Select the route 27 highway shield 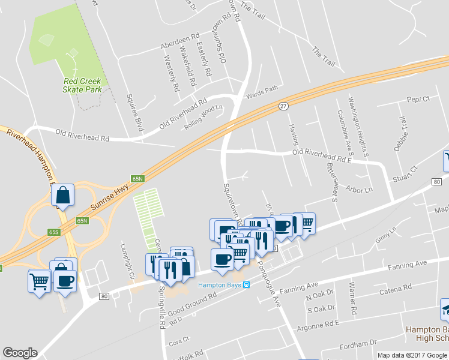[283, 106]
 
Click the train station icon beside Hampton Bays [246, 285]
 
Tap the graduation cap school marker [445, 308]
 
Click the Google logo [20, 353]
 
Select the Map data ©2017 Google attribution [412, 355]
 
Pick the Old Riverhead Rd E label [321, 155]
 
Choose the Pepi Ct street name [418, 99]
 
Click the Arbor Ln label [360, 190]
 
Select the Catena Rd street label [395, 292]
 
